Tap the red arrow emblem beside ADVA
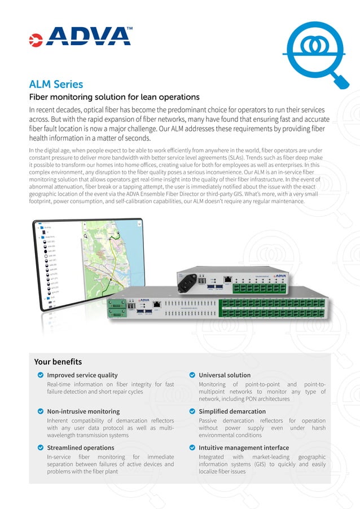(x=36, y=39)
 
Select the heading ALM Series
(x=56, y=84)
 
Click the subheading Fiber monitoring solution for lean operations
(x=114, y=97)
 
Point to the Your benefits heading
(x=58, y=362)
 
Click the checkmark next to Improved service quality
(x=40, y=375)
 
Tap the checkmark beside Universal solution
(x=192, y=375)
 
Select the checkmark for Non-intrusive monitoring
(x=40, y=411)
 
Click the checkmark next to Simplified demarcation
(x=192, y=411)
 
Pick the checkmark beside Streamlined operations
(x=40, y=447)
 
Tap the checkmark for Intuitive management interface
(x=192, y=447)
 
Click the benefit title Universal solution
(x=225, y=375)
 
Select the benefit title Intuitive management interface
(x=244, y=447)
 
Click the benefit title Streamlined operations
(x=80, y=447)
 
